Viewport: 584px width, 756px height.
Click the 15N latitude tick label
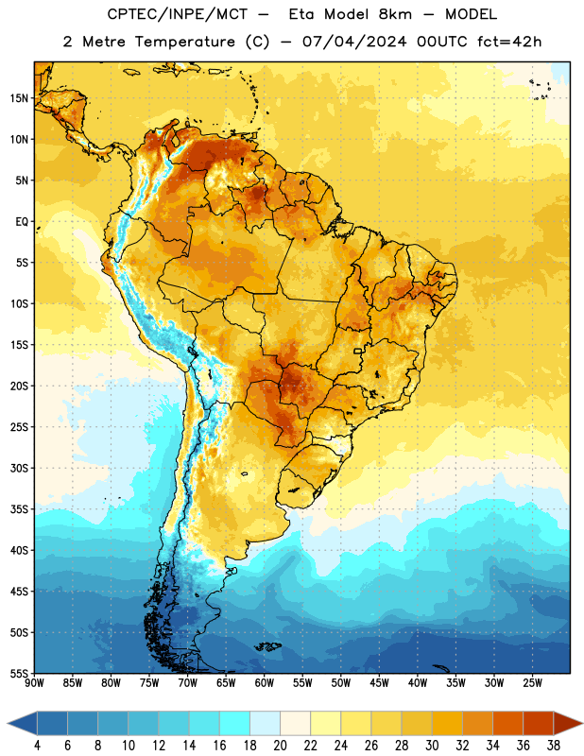tap(19, 98)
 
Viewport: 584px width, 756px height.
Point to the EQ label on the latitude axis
tap(22, 222)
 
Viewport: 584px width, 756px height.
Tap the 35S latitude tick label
tap(19, 509)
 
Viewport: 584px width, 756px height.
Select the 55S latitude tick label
tap(19, 674)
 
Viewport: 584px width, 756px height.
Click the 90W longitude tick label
tap(34, 683)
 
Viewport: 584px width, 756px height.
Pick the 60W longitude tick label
tap(265, 683)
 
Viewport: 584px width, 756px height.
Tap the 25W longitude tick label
tap(532, 683)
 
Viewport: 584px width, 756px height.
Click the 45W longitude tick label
tap(379, 683)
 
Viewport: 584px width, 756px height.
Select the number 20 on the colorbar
tap(280, 746)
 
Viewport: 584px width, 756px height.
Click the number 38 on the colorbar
tap(554, 746)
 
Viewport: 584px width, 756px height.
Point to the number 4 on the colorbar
tap(37, 746)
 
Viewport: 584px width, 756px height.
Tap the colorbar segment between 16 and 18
tap(235, 723)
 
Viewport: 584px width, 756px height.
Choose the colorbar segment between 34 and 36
tap(507, 723)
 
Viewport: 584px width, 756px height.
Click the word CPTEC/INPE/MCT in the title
tap(178, 14)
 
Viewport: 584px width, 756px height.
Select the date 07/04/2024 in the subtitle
tap(354, 42)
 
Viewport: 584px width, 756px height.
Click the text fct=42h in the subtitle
tap(509, 42)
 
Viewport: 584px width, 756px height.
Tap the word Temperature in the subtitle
tap(184, 42)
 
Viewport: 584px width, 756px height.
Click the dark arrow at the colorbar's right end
tap(568, 723)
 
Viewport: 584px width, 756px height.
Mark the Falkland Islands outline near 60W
tap(267, 646)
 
